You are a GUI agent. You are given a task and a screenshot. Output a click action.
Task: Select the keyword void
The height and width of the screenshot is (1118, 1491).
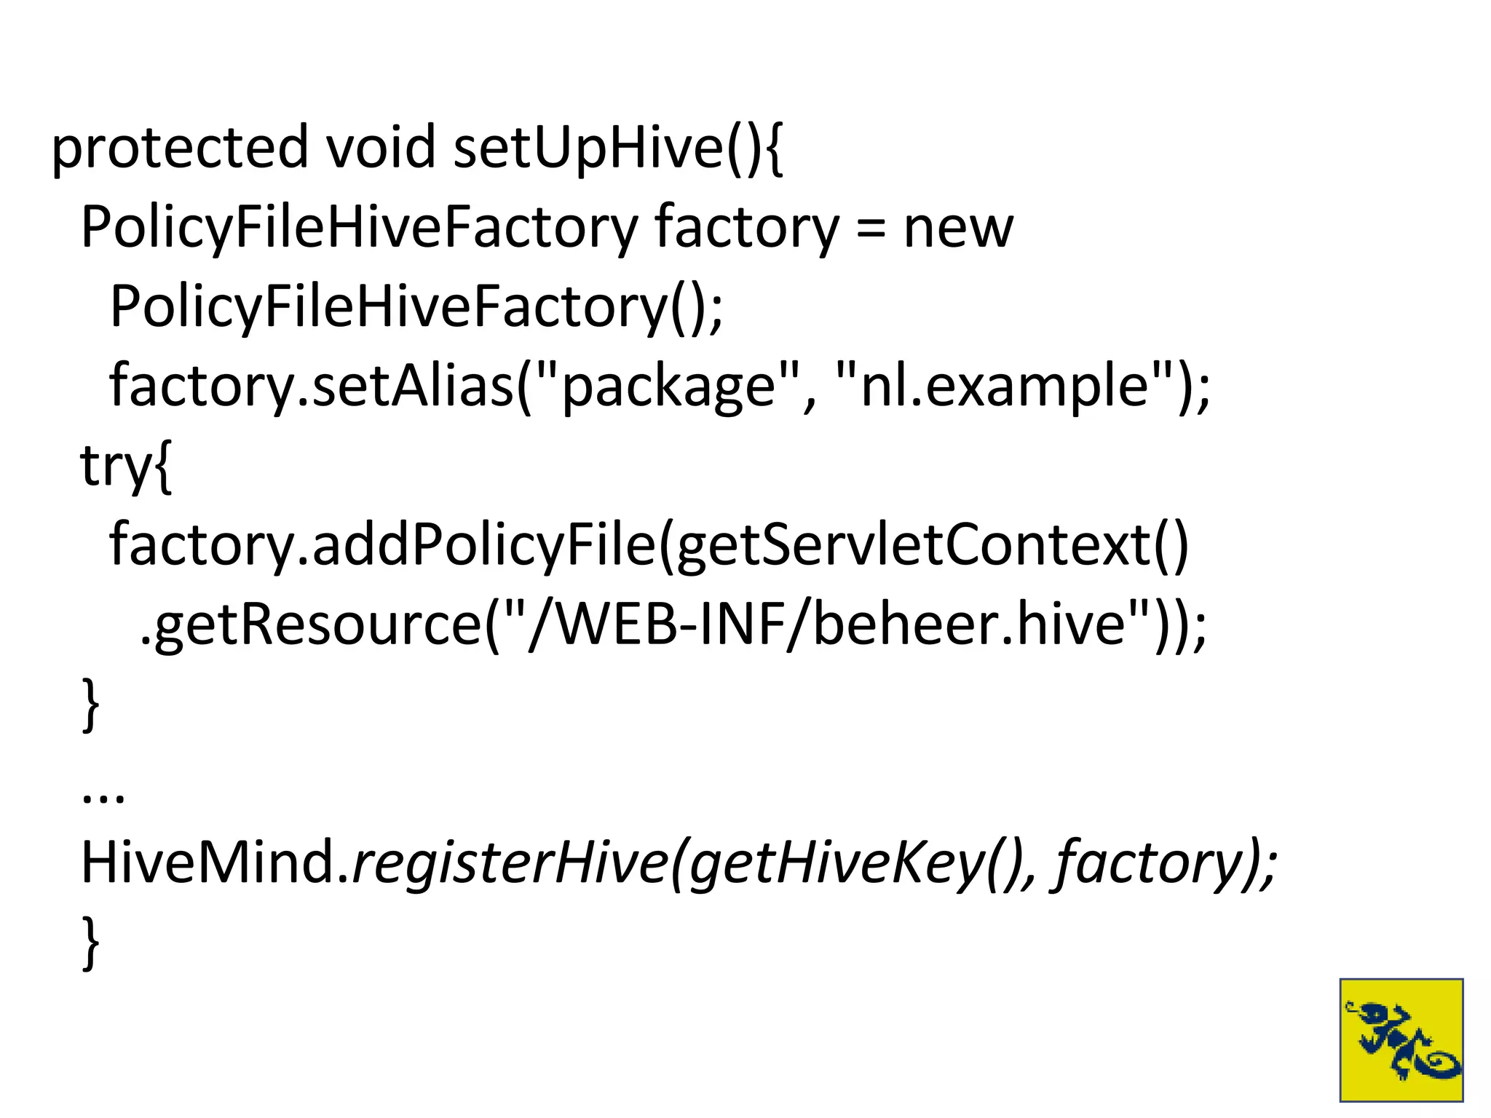tap(380, 148)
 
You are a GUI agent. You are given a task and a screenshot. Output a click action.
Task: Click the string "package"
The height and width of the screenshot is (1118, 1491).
tap(668, 387)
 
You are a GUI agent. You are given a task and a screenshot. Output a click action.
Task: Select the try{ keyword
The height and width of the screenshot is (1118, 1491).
tap(126, 467)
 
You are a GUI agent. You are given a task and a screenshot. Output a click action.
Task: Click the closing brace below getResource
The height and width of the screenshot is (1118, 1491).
tap(90, 705)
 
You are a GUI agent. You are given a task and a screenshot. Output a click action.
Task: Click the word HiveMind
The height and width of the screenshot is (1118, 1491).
tap(215, 863)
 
